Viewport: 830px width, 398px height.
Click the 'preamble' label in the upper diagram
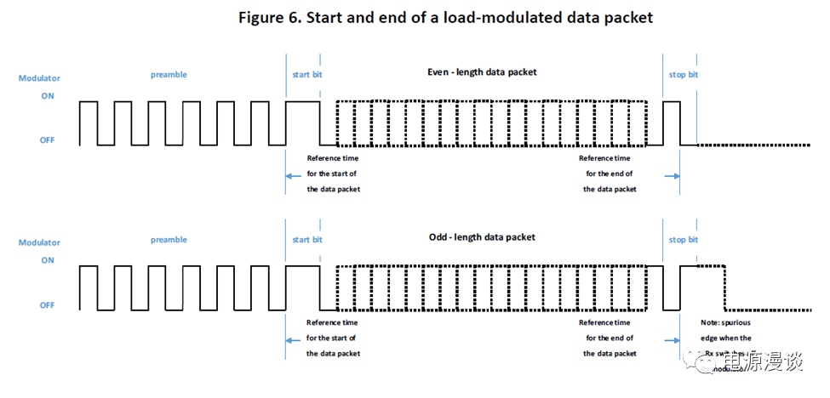pyautogui.click(x=169, y=75)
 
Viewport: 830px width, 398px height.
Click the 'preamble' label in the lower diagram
pyautogui.click(x=169, y=240)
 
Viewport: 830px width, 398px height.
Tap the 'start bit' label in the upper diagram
pyautogui.click(x=306, y=75)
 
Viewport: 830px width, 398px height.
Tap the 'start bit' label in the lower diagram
pyautogui.click(x=306, y=240)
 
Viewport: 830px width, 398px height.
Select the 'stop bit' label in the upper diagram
pyautogui.click(x=683, y=75)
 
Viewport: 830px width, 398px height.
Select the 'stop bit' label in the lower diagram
pyautogui.click(x=683, y=240)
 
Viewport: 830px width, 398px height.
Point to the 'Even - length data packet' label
pyautogui.click(x=482, y=72)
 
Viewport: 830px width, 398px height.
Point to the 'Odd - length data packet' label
pyautogui.click(x=482, y=237)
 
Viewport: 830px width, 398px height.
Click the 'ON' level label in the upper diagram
pyautogui.click(x=48, y=96)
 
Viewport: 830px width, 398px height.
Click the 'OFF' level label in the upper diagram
pyautogui.click(x=48, y=140)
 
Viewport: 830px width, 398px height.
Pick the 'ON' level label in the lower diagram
pyautogui.click(x=48, y=261)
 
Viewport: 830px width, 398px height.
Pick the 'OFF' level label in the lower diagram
pyautogui.click(x=48, y=305)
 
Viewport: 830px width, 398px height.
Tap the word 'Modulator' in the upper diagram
pyautogui.click(x=39, y=79)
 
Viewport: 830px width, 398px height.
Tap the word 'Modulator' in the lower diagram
pyautogui.click(x=39, y=243)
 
